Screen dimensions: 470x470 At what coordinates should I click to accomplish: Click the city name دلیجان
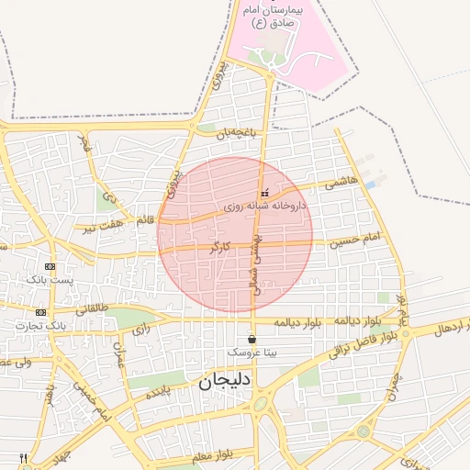225,381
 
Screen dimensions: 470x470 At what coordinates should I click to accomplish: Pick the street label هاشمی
341,183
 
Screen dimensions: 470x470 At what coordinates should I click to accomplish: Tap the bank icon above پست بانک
50,266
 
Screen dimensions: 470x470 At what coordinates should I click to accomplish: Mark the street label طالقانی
90,308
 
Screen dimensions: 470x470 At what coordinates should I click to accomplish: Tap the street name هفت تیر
103,225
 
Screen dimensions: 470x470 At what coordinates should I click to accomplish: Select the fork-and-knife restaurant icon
23,458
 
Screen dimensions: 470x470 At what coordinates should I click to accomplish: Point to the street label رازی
140,329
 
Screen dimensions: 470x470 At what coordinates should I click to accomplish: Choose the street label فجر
85,143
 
